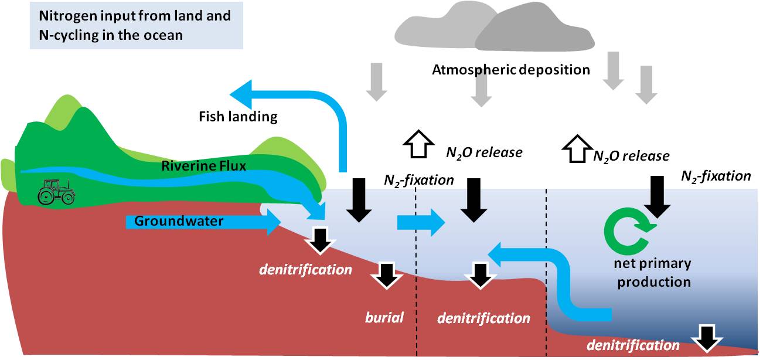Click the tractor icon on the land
coord(56,192)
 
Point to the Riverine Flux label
coord(203,166)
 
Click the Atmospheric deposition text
coord(510,70)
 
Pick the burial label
coord(384,318)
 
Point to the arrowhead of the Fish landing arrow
coord(243,94)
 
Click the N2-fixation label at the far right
coord(716,175)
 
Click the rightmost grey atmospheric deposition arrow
coord(646,84)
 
